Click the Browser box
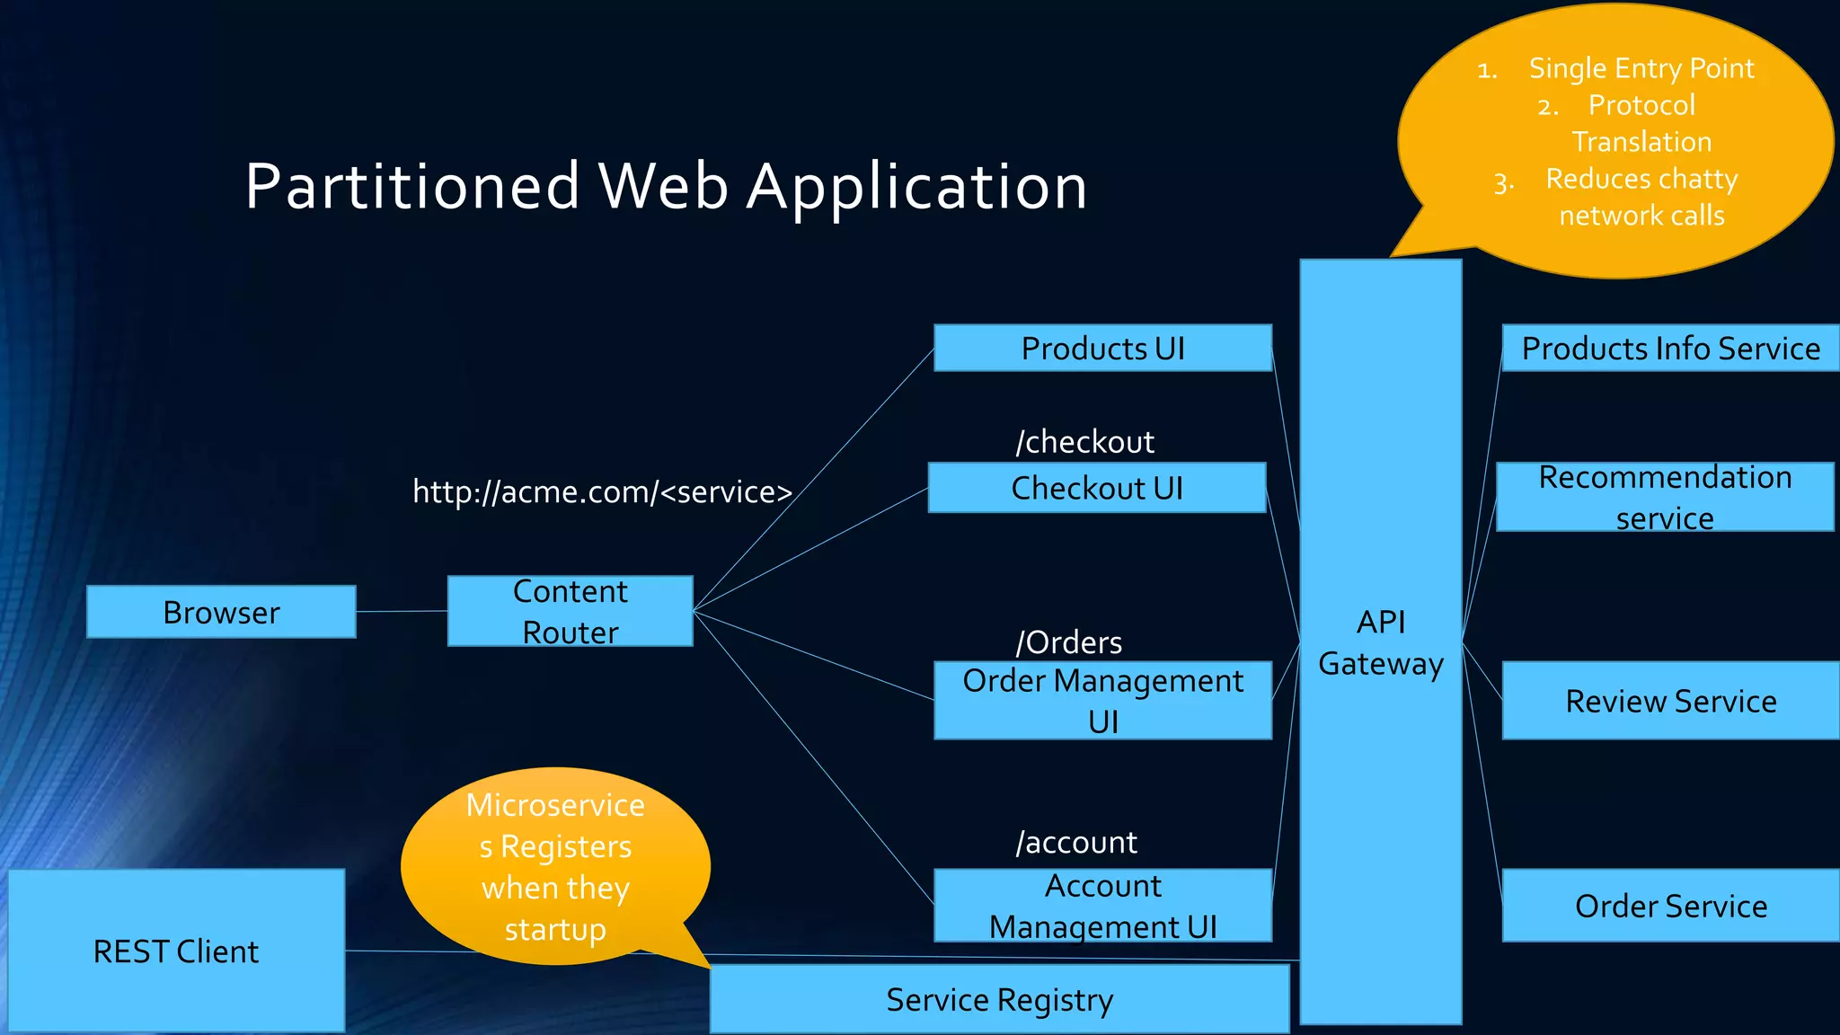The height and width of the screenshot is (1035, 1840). coord(221,612)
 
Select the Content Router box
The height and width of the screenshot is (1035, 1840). coord(570,611)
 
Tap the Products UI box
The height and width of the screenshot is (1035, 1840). coord(1102,348)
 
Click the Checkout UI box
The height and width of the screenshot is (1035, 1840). coord(1096,488)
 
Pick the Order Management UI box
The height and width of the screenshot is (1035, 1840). coord(1102,701)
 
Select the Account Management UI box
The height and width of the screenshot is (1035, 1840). coord(1102,906)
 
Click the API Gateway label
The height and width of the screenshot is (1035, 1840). coord(1380,642)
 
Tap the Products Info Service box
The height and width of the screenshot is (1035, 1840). coord(1670,348)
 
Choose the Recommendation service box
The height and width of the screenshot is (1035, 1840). coord(1664,497)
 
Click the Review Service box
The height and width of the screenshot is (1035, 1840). coord(1670,701)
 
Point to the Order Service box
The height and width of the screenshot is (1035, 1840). coord(1670,906)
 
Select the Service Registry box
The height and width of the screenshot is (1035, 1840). coord(999,999)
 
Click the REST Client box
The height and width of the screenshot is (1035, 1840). coord(176,951)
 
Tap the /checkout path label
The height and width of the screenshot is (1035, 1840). coord(1084,442)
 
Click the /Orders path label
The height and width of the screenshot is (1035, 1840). coord(1068,642)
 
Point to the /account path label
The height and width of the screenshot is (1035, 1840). coord(1075,843)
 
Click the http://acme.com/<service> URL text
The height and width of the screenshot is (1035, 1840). coord(602,491)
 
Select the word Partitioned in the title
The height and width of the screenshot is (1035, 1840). coord(412,187)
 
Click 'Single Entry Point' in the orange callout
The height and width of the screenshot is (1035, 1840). coord(1641,68)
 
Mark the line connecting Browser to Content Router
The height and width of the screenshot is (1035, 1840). coord(402,611)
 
